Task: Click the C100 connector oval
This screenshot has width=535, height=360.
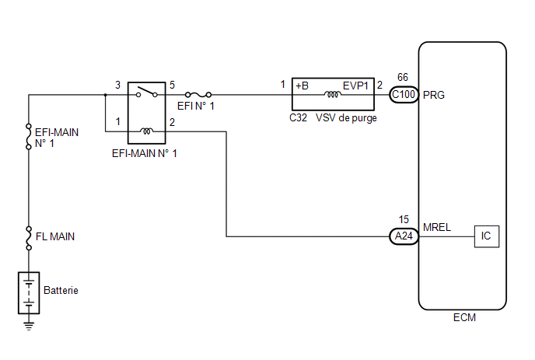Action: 404,95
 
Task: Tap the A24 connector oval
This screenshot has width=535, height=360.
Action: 404,236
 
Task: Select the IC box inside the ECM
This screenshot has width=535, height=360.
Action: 487,236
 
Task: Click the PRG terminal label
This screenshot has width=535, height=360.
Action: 434,95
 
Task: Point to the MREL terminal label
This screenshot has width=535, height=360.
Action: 437,227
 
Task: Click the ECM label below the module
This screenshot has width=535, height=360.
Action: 464,318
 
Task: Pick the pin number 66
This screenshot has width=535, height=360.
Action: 403,77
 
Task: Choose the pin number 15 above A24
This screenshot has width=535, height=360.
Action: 404,219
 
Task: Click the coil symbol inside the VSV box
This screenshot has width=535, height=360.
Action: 332,94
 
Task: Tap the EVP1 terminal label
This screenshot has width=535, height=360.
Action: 355,86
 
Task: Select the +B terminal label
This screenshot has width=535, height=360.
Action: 302,86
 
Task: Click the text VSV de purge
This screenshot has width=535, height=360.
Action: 346,118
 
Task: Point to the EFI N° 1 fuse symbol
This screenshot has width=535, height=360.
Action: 198,95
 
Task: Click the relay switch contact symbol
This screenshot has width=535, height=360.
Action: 147,92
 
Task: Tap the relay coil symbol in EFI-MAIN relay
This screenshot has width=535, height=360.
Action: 147,131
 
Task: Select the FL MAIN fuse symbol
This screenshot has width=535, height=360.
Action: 29,238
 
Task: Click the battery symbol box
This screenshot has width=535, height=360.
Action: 29,293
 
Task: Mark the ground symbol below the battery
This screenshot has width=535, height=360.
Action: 29,326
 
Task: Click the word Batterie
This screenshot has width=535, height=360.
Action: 61,290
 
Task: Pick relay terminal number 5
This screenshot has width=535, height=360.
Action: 172,85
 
